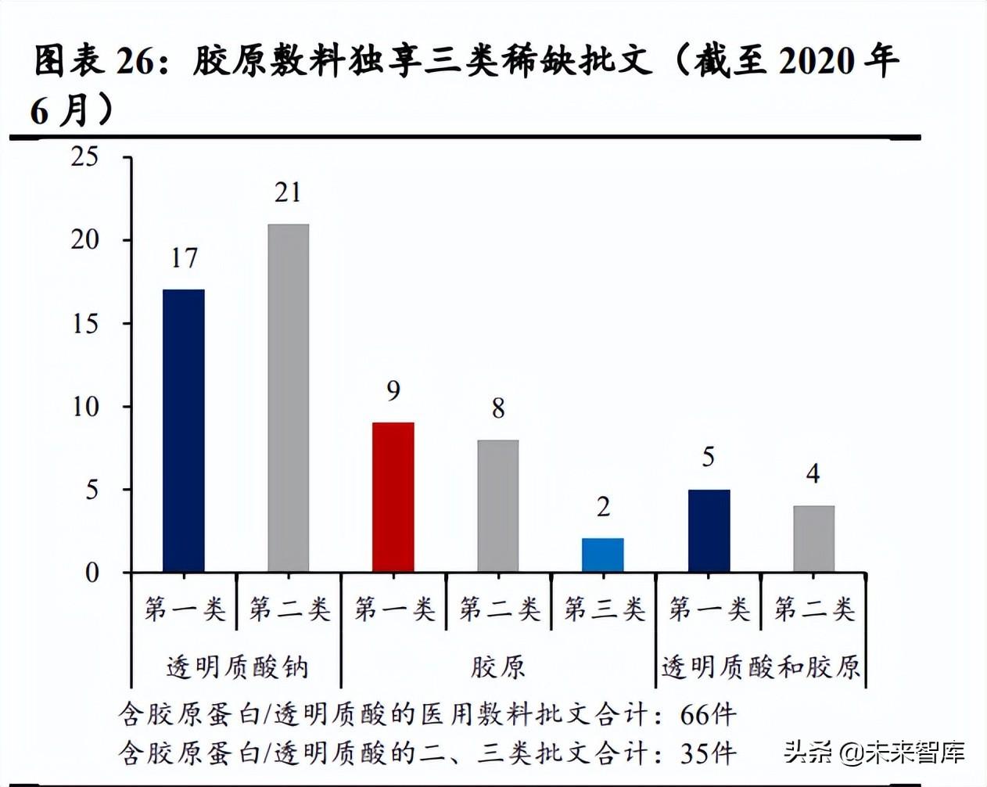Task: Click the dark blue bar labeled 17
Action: pyautogui.click(x=184, y=430)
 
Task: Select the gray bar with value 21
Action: pyautogui.click(x=288, y=397)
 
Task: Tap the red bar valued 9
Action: pyautogui.click(x=393, y=497)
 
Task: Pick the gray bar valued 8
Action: pyautogui.click(x=498, y=505)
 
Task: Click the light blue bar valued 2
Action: pyautogui.click(x=603, y=555)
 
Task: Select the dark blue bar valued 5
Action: pyautogui.click(x=709, y=530)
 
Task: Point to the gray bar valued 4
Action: pyautogui.click(x=813, y=538)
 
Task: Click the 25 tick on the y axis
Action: pyautogui.click(x=85, y=157)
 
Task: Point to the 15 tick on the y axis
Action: pyautogui.click(x=85, y=324)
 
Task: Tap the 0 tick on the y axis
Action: pyautogui.click(x=92, y=573)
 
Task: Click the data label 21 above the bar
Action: pyautogui.click(x=288, y=192)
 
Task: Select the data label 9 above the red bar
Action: pyautogui.click(x=393, y=390)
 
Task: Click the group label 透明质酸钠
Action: pyautogui.click(x=237, y=667)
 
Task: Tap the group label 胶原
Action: pyautogui.click(x=498, y=667)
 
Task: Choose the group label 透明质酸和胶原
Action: pyautogui.click(x=760, y=667)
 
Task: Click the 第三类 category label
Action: pyautogui.click(x=604, y=609)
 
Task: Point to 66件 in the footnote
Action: pyautogui.click(x=708, y=714)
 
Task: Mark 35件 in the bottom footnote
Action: pyautogui.click(x=708, y=753)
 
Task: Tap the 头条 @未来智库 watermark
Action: pyautogui.click(x=874, y=753)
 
